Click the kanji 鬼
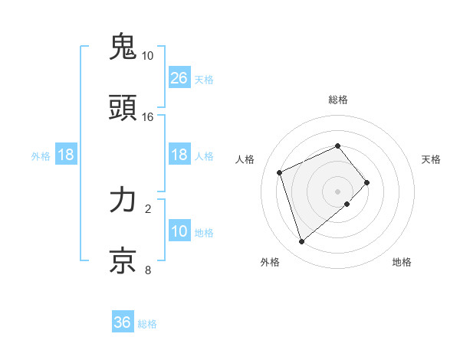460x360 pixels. coord(123,47)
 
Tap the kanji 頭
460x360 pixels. coord(123,108)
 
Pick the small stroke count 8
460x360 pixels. coord(148,270)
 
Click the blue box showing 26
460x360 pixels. coord(179,78)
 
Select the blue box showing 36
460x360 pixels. coord(123,322)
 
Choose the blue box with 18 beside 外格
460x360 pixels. coord(66,155)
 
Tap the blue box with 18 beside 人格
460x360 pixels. coord(179,155)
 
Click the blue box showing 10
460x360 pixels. coord(179,231)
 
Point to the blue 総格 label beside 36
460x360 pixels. coord(147,324)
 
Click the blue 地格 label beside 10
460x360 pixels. coord(204,233)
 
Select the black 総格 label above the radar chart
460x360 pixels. coord(337,100)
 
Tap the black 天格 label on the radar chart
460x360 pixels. coord(431,159)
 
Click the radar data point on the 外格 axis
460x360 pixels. coord(301,241)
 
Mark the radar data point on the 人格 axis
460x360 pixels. coord(281,172)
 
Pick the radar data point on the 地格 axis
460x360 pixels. coord(347,204)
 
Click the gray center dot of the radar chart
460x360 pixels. coord(337,191)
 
